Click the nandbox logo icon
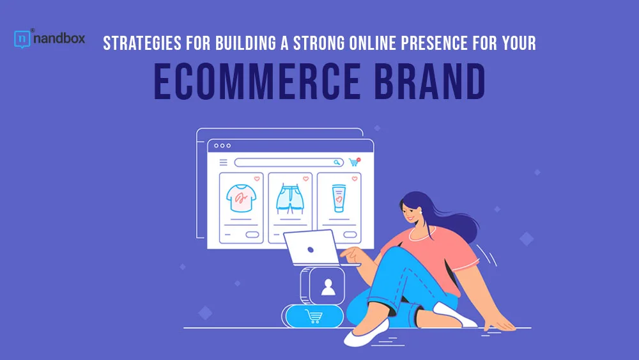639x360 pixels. [22, 39]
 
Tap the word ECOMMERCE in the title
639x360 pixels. [257, 82]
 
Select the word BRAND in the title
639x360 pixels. [430, 82]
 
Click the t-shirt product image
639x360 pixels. [242, 198]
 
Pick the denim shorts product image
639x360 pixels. [290, 199]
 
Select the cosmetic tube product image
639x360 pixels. [339, 198]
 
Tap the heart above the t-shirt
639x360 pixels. [257, 178]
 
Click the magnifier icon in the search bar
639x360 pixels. [337, 162]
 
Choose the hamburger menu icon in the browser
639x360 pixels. [223, 162]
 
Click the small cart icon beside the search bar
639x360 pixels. [354, 162]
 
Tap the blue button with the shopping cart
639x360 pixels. [314, 317]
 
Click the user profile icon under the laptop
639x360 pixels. [328, 286]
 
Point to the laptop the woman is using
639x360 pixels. [313, 248]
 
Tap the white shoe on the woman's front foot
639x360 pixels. [366, 333]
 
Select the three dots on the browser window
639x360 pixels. [222, 146]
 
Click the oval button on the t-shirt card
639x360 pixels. [252, 235]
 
